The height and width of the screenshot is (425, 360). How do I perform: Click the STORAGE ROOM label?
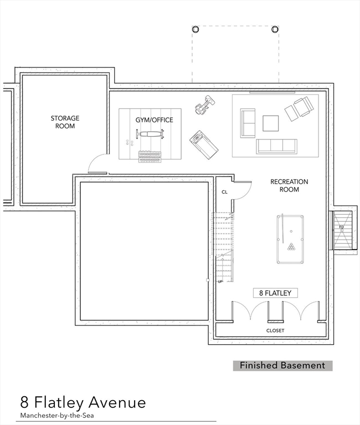[65, 122]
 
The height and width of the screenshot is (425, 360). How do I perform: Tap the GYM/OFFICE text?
[154, 120]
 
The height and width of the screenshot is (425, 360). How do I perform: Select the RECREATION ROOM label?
[289, 185]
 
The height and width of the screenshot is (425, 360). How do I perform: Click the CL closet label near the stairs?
[224, 192]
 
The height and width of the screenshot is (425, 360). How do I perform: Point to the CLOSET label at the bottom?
[275, 330]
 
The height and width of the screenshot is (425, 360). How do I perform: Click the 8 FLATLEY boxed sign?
[275, 293]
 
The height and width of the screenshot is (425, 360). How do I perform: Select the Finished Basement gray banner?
[282, 365]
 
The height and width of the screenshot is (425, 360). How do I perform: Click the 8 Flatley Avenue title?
[83, 402]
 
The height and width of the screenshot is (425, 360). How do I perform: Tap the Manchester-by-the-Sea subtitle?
[58, 415]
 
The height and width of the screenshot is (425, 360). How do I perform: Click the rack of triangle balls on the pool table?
[291, 246]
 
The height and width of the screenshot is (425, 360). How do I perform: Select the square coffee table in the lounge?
[271, 122]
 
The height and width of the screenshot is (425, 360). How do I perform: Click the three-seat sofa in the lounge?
[276, 146]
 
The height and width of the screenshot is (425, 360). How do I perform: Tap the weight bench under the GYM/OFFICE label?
[150, 134]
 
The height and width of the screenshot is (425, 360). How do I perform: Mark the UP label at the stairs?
[220, 281]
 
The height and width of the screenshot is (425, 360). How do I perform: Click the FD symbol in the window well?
[342, 227]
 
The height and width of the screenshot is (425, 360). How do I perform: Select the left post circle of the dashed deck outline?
[195, 29]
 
